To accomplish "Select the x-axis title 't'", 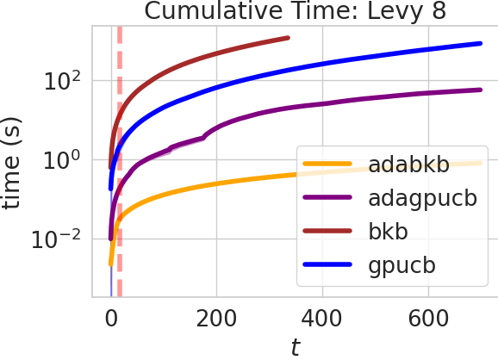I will (x=295, y=347).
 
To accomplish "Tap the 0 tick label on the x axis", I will (x=110, y=317).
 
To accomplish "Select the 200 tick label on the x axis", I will (x=216, y=317).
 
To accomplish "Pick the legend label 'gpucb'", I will (x=401, y=265).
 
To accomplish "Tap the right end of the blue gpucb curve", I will (x=479, y=43).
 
